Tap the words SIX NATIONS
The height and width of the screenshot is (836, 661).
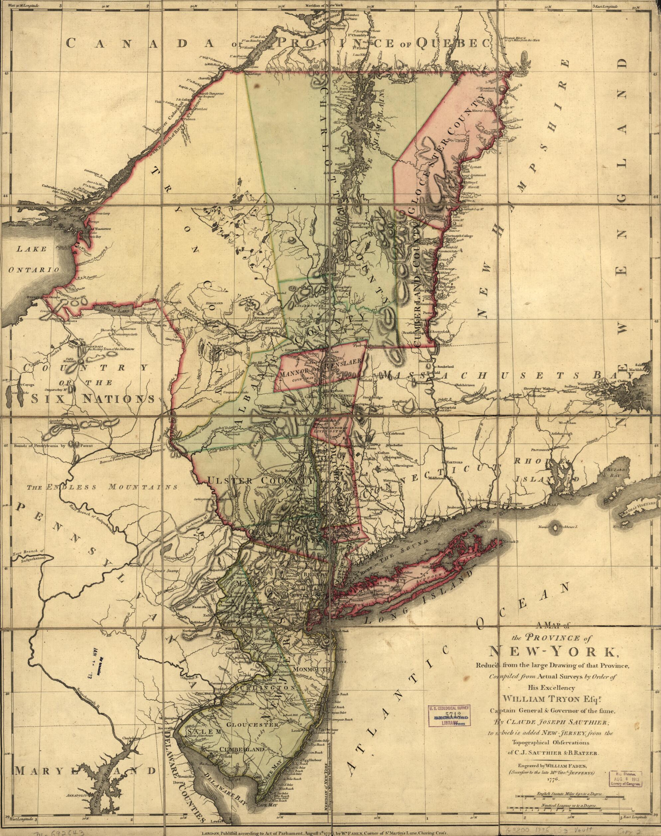(93, 399)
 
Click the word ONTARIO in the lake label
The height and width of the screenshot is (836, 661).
(33, 270)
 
